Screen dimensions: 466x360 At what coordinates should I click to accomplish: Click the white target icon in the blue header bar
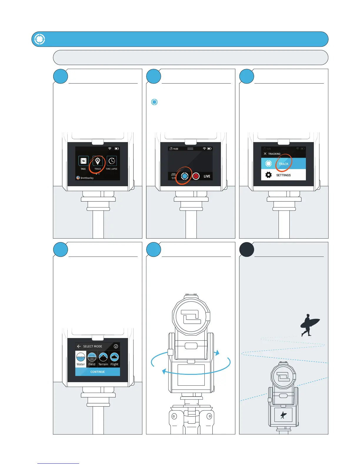[39, 39]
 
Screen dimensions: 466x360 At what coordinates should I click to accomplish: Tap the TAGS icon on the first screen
[83, 161]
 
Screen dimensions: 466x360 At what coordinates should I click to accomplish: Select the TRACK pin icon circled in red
[98, 161]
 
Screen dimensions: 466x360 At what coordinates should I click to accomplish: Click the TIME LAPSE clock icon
[112, 161]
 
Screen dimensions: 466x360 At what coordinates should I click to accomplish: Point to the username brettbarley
[87, 178]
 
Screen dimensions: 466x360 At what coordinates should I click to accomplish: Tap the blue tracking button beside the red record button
[184, 176]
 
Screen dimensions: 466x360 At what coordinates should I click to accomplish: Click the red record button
[196, 176]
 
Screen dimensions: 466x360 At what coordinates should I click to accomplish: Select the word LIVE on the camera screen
[207, 176]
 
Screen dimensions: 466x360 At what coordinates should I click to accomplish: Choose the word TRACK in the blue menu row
[284, 164]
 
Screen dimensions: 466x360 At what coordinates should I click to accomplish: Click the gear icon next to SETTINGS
[268, 175]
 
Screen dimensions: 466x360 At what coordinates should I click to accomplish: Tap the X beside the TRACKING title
[265, 154]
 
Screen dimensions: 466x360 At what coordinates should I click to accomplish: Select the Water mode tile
[81, 359]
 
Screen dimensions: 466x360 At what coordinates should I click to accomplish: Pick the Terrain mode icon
[103, 357]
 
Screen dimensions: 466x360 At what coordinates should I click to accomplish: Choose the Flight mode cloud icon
[114, 357]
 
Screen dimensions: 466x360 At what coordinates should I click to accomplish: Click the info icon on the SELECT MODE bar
[116, 346]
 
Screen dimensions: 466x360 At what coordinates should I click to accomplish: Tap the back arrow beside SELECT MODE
[79, 346]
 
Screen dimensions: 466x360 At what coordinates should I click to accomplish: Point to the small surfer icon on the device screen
[283, 415]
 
